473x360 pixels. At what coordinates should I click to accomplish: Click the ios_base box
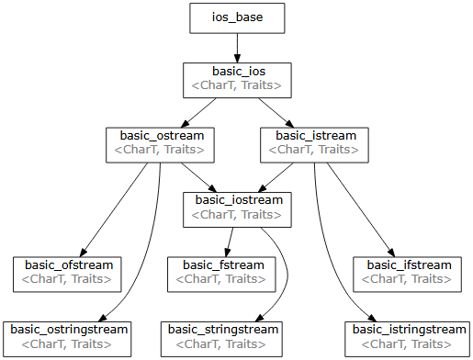(237, 18)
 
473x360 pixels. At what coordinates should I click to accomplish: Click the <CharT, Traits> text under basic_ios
(235, 86)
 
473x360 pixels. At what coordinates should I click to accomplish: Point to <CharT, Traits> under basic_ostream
(159, 150)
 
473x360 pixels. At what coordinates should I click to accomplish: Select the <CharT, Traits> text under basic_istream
(313, 150)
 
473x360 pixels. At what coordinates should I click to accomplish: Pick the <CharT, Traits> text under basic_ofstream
(67, 279)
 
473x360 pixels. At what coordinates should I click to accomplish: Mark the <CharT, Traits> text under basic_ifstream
(405, 279)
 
